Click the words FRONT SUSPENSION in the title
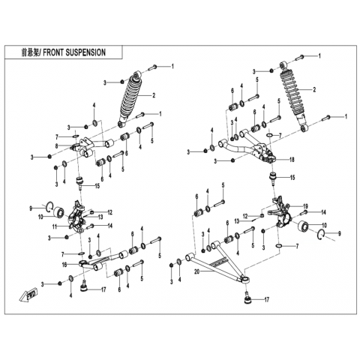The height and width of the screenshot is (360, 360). [x=74, y=52]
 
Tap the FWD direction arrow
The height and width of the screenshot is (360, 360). [x=28, y=295]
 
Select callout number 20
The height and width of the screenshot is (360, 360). [x=197, y=271]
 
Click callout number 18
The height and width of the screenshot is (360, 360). [x=292, y=160]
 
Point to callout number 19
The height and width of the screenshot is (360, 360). [x=305, y=206]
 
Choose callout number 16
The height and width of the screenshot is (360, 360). [x=64, y=264]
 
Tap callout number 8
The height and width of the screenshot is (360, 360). [x=57, y=145]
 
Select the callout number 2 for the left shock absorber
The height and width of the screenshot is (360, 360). [x=154, y=95]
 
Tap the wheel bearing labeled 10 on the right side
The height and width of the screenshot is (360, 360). [x=301, y=226]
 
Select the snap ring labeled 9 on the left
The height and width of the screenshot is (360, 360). [x=49, y=208]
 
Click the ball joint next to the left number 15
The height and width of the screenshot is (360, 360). [x=80, y=182]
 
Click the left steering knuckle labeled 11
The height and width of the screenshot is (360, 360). [x=77, y=216]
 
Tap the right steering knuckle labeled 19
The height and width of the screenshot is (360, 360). [x=281, y=211]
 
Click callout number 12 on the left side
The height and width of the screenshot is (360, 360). [x=110, y=212]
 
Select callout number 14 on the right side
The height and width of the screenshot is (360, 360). [x=323, y=212]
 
